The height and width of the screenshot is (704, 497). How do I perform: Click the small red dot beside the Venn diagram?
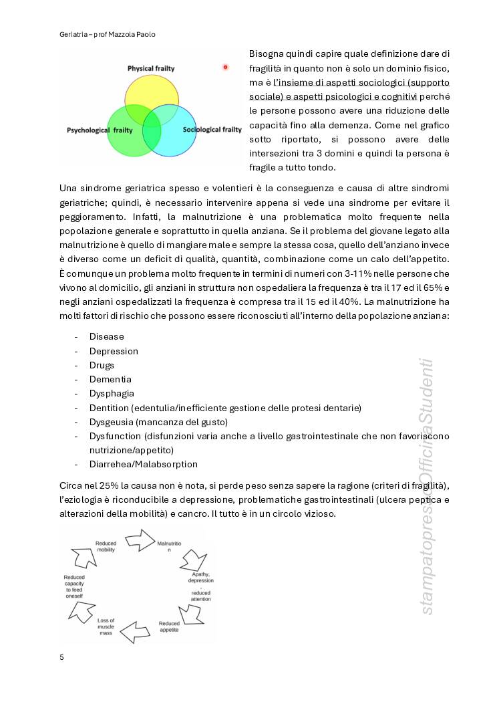[225, 67]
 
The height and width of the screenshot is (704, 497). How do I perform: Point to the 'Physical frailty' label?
[151, 68]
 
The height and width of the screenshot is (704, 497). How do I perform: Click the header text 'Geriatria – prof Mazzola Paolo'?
[107, 34]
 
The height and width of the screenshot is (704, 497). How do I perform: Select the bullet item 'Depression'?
[114, 351]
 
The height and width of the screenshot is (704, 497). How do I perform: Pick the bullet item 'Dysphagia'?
[112, 393]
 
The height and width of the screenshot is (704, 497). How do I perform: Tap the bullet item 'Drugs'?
[102, 365]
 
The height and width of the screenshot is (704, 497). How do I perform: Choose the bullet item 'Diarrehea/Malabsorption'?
[143, 464]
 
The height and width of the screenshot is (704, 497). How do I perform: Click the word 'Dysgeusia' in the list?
[112, 422]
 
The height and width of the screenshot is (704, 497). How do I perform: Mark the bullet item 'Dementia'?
[110, 379]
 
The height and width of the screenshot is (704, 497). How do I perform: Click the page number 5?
[61, 657]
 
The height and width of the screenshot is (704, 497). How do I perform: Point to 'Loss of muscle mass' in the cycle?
[106, 626]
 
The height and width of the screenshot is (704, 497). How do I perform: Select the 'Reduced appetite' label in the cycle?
[169, 626]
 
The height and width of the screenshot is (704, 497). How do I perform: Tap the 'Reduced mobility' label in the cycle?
[106, 546]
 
